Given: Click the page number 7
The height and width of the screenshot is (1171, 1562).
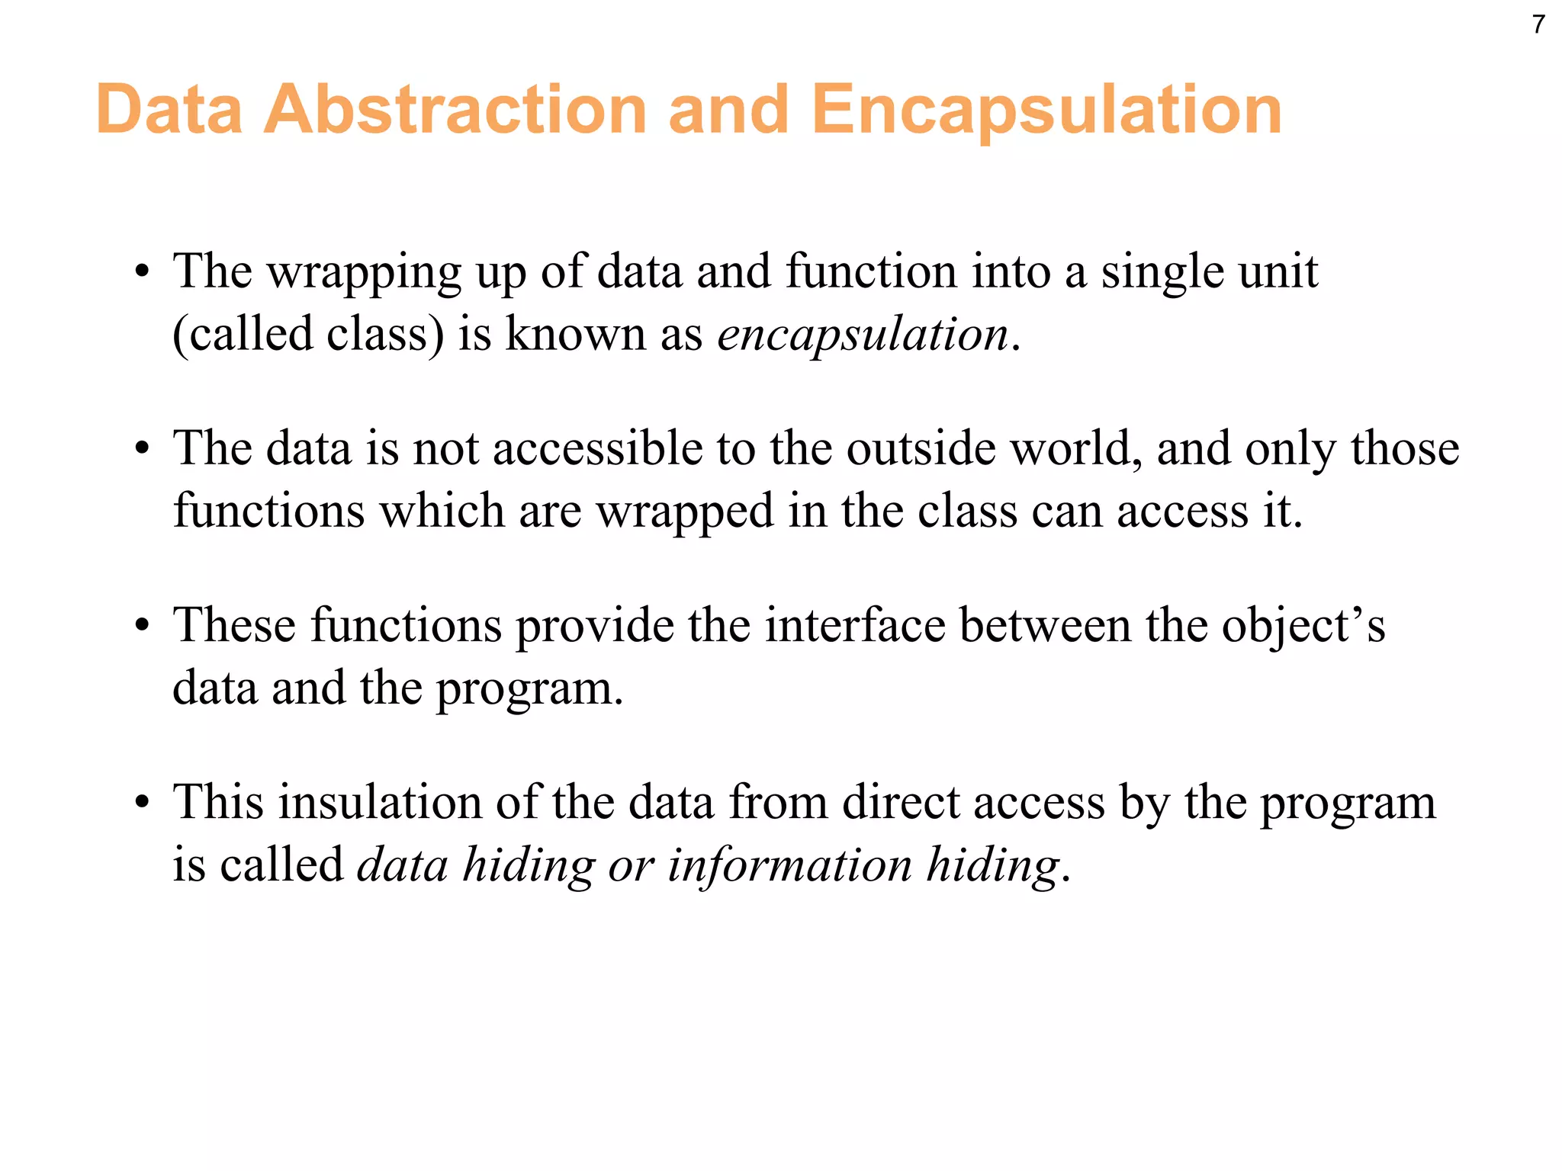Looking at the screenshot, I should tap(1538, 25).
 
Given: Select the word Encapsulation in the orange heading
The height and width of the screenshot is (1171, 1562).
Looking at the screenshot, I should tap(1046, 111).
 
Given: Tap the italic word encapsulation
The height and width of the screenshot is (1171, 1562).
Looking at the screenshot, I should tap(863, 335).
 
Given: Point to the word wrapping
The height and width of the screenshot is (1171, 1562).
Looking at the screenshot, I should tap(364, 273).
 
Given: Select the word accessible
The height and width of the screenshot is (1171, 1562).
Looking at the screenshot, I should tap(597, 448).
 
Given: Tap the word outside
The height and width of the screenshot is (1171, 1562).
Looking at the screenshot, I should tap(921, 448).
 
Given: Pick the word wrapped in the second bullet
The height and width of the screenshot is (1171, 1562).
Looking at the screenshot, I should tap(685, 512).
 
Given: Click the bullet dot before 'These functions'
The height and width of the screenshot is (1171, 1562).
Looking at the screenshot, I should tap(142, 627).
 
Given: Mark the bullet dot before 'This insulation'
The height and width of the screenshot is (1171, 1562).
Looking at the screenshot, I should tap(142, 804).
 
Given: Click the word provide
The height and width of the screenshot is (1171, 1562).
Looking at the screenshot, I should tap(595, 627).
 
